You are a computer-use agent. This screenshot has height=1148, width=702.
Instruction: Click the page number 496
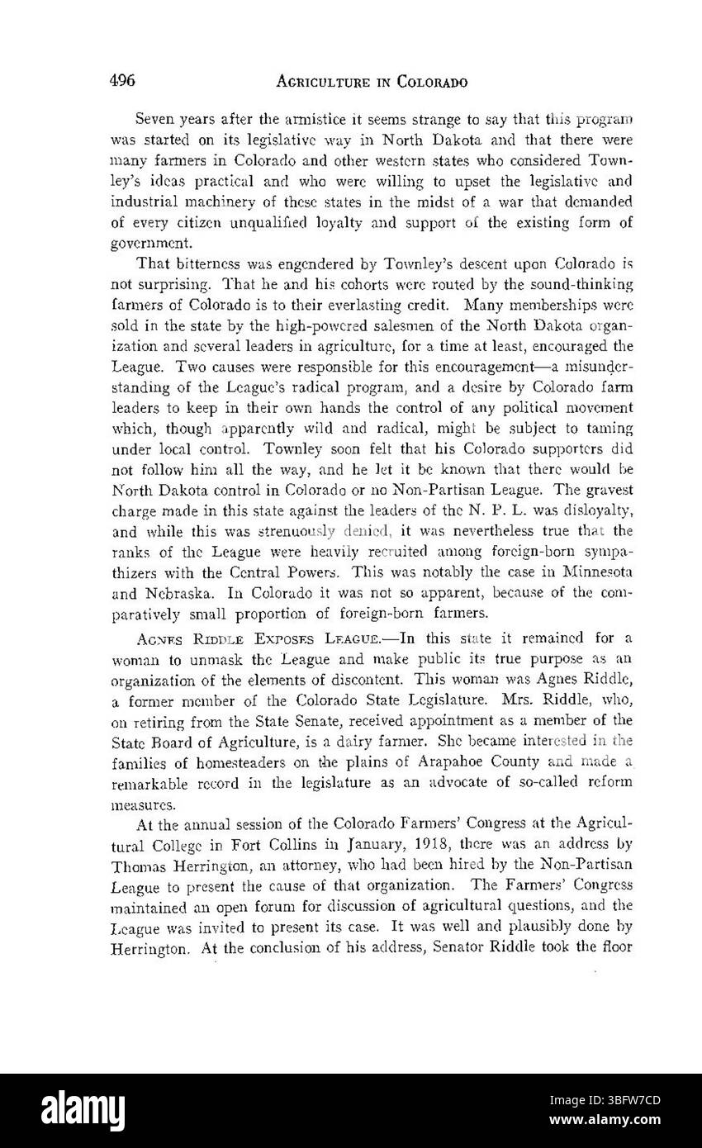pos(123,81)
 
